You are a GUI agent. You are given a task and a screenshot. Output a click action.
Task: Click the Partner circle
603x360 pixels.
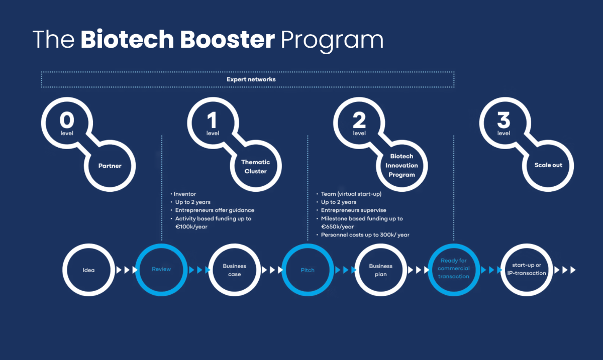(x=110, y=165)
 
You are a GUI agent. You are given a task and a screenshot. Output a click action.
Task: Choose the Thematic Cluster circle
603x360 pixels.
(x=255, y=166)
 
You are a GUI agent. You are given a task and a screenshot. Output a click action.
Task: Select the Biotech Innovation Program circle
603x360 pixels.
(x=401, y=166)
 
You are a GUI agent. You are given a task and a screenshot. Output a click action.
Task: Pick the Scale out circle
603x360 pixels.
(x=548, y=165)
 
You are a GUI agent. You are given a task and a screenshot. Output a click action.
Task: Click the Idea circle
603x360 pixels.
(x=88, y=270)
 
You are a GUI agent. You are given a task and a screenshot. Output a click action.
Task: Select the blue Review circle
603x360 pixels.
(x=161, y=270)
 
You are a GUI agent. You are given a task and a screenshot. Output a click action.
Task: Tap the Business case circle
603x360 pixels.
(x=235, y=270)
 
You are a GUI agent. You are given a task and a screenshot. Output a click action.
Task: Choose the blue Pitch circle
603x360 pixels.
(x=308, y=270)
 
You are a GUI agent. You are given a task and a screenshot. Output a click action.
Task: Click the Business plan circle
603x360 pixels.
(x=380, y=270)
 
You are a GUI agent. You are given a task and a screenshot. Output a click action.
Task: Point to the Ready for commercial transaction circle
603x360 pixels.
(x=453, y=269)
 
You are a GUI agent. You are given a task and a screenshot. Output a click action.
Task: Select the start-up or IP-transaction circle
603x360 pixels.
(x=526, y=269)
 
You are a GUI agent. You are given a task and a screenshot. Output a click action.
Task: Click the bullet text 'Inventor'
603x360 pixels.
(x=185, y=194)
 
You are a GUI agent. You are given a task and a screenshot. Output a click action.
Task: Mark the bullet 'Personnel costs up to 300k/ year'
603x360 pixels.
(x=365, y=234)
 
